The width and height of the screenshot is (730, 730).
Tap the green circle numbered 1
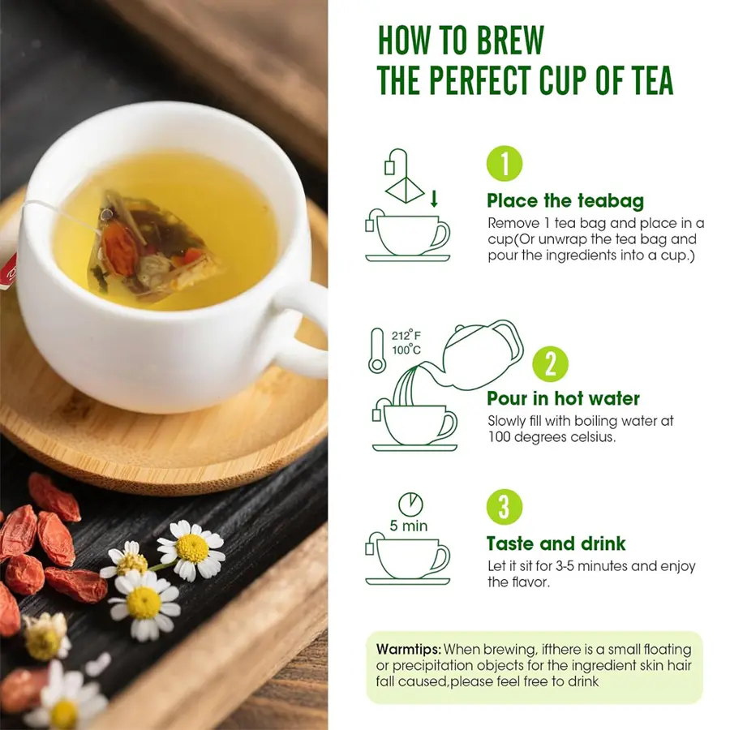[505, 164]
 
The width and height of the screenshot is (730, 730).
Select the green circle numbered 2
[550, 364]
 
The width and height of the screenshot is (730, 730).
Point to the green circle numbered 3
[505, 507]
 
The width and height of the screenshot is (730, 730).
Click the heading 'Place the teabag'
[565, 201]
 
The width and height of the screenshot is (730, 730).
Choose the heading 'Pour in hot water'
[564, 398]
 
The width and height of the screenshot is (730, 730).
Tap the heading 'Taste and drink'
[556, 543]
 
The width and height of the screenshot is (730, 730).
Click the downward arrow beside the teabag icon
[434, 199]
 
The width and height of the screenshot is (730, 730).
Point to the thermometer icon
[376, 350]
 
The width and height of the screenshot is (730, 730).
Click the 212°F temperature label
[406, 335]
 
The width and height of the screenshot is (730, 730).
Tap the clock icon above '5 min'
[410, 505]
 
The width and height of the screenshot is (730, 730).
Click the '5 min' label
[408, 526]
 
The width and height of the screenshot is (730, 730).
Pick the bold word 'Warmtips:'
[408, 649]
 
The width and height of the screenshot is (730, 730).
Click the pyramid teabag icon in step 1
[405, 190]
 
